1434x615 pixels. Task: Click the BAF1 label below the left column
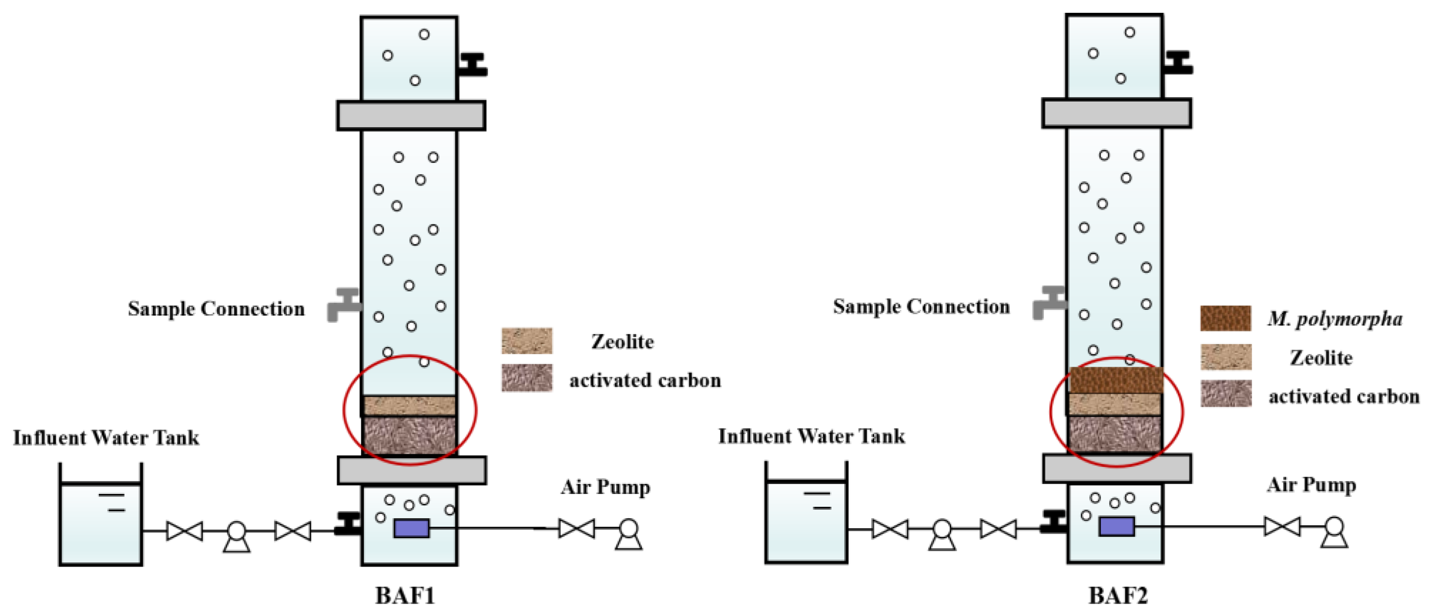pos(405,595)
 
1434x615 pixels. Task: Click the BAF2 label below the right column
pos(1117,595)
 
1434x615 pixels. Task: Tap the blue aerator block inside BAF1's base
pos(411,528)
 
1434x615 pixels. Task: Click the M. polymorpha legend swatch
pos(1225,318)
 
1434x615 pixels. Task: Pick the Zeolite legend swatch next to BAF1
pos(527,341)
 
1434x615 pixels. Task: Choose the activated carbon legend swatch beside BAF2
pos(1225,393)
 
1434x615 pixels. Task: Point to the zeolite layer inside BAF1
pos(409,406)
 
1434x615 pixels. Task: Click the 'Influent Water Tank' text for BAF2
pos(811,436)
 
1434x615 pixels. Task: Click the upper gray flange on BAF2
pos(1116,113)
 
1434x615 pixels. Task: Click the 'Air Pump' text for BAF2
pos(1311,485)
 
